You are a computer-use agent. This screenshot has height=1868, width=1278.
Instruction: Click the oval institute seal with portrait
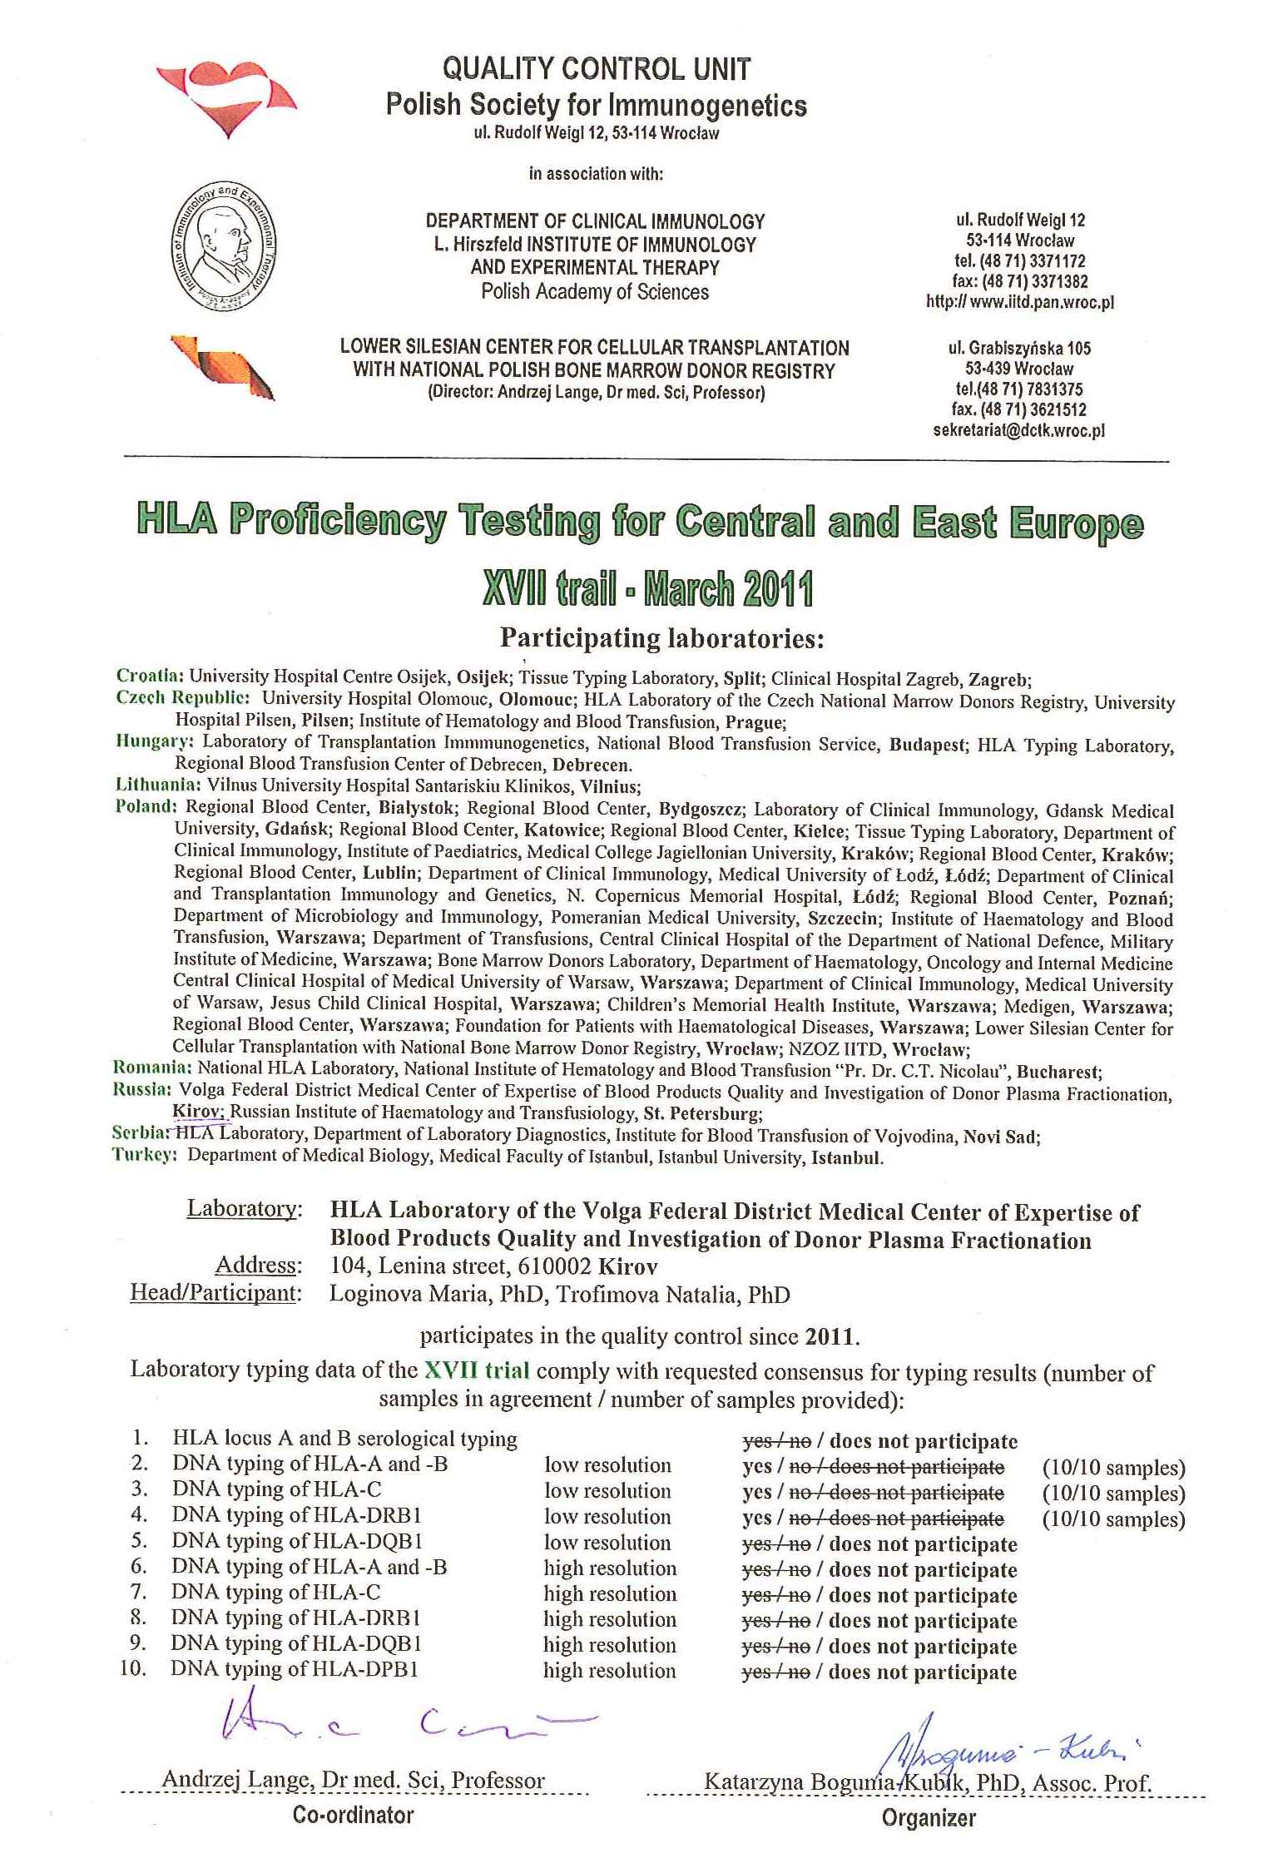click(225, 250)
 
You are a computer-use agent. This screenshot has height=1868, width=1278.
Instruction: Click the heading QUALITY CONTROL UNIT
click(596, 68)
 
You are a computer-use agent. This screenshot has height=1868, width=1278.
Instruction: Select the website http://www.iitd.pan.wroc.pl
click(1019, 302)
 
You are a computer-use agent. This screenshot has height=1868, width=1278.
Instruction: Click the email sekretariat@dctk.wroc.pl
click(1018, 431)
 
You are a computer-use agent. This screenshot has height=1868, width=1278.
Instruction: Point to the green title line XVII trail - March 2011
click(646, 589)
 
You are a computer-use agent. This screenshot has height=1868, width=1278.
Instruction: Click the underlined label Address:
click(257, 1265)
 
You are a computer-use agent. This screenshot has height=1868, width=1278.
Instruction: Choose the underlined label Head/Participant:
click(215, 1293)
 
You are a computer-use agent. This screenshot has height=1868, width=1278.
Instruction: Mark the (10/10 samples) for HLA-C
click(1113, 1494)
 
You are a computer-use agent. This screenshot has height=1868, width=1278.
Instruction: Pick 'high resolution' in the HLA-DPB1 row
click(609, 1670)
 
